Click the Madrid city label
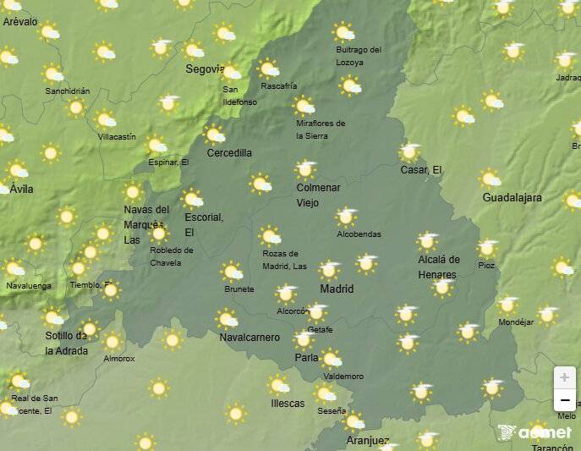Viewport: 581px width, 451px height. (x=337, y=289)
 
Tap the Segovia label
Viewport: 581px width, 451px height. (x=205, y=69)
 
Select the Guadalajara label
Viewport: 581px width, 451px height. (x=512, y=198)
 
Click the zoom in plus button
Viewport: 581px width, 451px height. (x=564, y=377)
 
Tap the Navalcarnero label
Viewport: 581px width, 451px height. (x=249, y=338)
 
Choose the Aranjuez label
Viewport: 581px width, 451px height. (x=367, y=441)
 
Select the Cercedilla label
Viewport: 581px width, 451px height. (x=229, y=153)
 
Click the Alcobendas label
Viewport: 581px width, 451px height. (x=359, y=234)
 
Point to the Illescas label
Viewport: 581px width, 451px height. (x=288, y=404)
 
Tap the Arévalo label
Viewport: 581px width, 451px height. (x=20, y=22)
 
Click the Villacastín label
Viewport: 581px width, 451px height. (x=116, y=136)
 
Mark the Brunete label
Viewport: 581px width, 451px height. (x=239, y=289)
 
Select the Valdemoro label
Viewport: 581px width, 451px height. (x=343, y=377)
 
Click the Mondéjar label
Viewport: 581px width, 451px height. (x=517, y=322)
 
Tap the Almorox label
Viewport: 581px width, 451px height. (x=119, y=359)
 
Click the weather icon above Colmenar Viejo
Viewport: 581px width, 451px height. (x=306, y=168)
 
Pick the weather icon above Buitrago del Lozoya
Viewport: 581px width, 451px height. (x=343, y=33)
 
